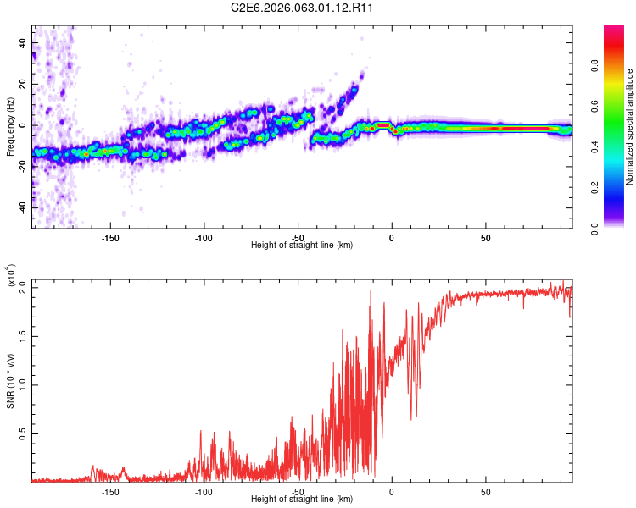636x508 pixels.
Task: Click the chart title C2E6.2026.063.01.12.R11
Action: (302, 8)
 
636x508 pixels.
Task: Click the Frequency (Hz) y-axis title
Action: (10, 127)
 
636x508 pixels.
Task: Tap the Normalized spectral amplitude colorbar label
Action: (630, 127)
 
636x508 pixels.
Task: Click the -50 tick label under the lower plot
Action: (297, 491)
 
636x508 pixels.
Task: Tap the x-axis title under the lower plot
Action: (302, 500)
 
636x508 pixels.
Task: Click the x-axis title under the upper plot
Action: (302, 246)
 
